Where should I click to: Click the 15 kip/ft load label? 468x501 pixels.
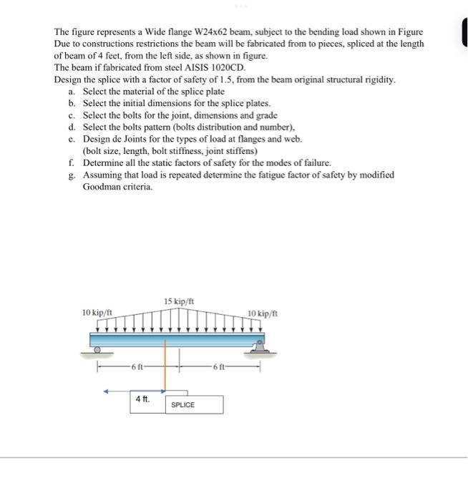178,301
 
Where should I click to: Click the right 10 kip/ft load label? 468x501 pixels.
263,313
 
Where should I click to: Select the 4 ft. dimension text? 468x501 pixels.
142,399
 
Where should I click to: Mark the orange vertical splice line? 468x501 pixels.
167,365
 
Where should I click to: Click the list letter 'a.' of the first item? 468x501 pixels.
72,92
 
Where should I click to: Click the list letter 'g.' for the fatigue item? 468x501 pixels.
72,175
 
